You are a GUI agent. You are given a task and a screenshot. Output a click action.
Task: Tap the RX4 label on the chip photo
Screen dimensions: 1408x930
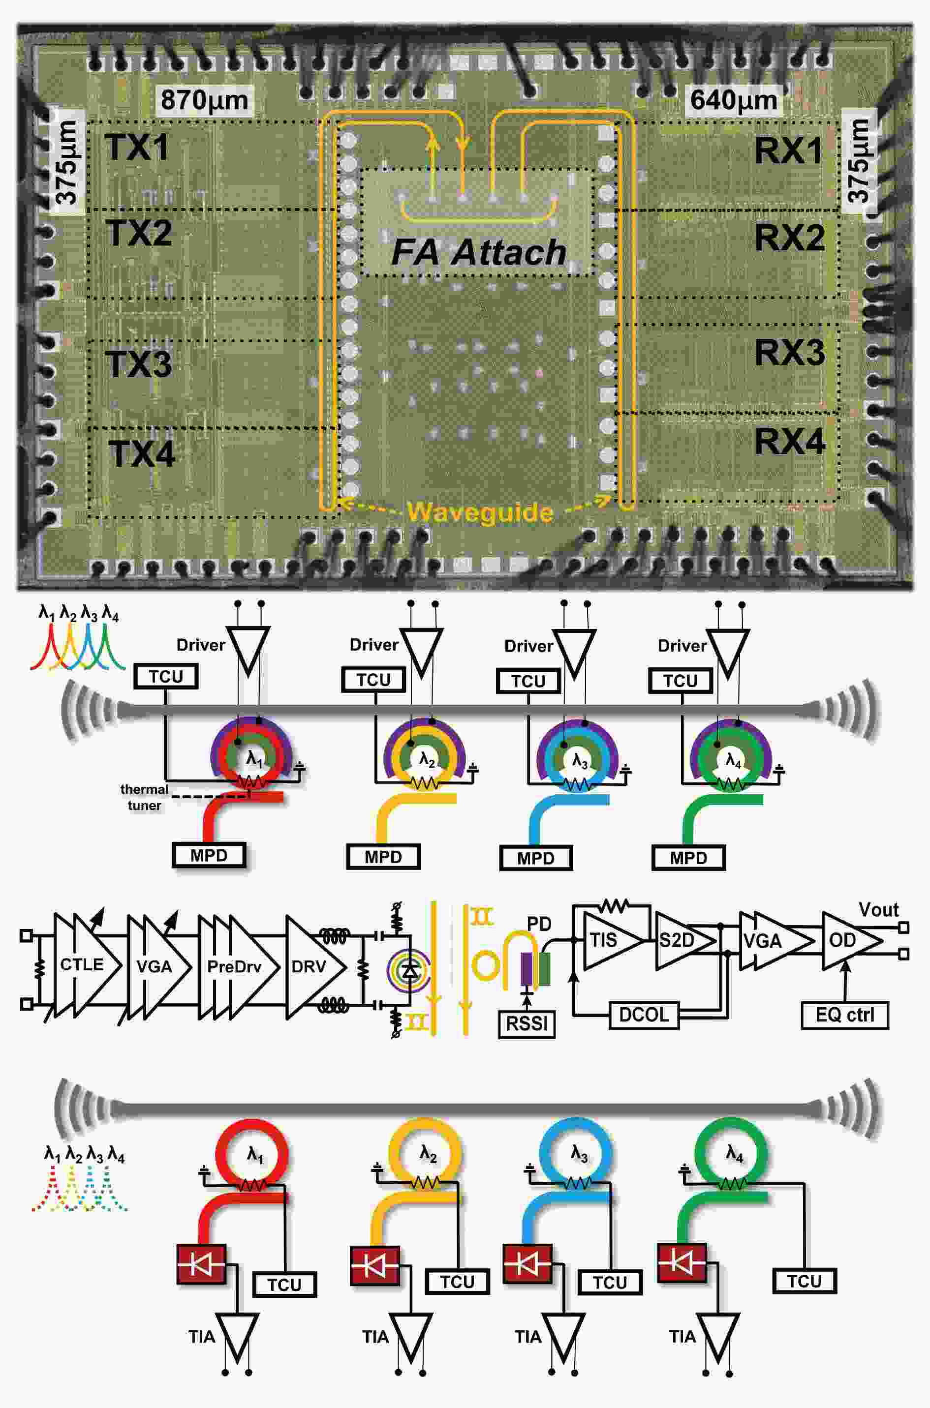tap(789, 442)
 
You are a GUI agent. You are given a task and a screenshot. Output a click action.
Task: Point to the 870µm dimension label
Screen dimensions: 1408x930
tap(204, 100)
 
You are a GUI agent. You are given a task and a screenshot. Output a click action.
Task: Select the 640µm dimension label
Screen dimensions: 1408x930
tap(734, 100)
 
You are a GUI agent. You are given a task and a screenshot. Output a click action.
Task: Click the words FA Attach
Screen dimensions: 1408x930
tap(479, 252)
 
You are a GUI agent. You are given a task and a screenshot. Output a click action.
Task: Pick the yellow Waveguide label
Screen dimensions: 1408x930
tap(480, 511)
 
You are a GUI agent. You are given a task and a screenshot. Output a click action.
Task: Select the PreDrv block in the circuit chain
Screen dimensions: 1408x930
tap(234, 966)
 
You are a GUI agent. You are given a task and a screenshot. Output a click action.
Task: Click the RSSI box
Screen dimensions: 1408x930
tap(527, 1023)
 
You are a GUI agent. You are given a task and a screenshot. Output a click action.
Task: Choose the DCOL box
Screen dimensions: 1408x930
tap(644, 1015)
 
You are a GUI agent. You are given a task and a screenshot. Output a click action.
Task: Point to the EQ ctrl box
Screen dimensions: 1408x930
tap(844, 1015)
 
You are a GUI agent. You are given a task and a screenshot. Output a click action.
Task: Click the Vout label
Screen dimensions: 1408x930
tap(878, 909)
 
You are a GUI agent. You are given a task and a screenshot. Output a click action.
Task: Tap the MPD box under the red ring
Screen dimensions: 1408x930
tap(209, 855)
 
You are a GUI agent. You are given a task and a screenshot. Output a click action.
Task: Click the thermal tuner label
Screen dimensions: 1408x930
tap(144, 797)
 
